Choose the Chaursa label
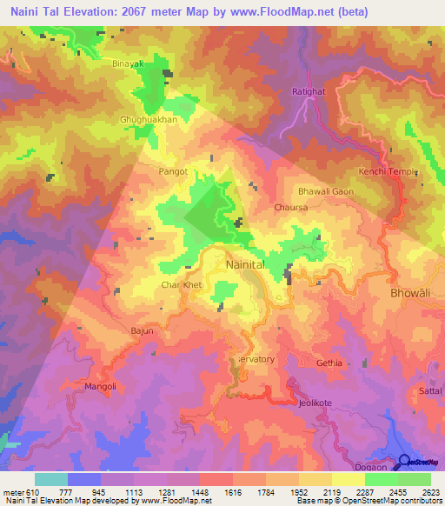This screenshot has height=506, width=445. tap(290, 209)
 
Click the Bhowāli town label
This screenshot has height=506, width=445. tap(404, 295)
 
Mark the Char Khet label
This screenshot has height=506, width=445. tap(181, 284)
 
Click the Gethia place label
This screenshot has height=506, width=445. tap(329, 363)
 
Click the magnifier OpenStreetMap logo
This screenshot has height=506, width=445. tap(404, 462)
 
